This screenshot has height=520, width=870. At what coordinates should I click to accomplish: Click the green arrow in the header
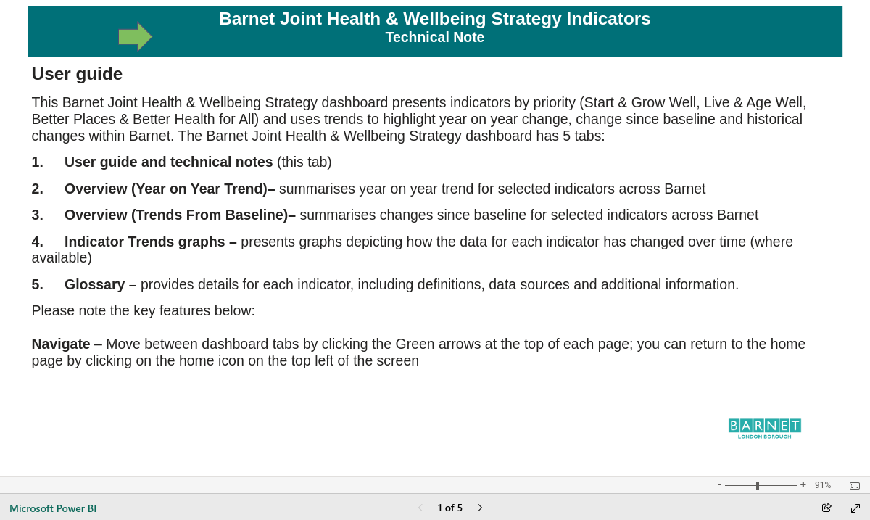point(135,37)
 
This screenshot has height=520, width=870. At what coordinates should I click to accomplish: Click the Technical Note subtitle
point(434,37)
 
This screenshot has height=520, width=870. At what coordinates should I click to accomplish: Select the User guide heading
point(77,74)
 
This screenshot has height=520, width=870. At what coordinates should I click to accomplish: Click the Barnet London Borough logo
point(764,429)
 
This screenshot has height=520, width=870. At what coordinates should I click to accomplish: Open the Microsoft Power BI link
point(53,508)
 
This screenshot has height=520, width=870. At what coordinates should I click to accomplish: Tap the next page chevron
point(480,508)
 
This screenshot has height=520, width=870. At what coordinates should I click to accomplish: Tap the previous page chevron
point(420,508)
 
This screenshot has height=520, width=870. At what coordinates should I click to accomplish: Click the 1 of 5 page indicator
point(449,508)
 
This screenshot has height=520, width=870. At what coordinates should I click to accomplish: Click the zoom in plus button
point(803,484)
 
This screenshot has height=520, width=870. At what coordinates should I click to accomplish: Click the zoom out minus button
point(720,484)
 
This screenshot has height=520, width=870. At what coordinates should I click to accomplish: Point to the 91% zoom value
point(823,485)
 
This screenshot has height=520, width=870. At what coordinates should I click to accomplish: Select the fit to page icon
point(855,485)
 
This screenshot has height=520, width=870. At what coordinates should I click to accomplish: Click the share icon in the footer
point(826,508)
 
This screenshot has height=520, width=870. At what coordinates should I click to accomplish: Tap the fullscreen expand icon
point(855,508)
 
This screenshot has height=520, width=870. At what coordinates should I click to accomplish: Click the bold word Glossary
point(95,284)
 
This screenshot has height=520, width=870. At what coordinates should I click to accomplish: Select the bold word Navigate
point(61,344)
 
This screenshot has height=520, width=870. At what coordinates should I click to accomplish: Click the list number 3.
point(37,215)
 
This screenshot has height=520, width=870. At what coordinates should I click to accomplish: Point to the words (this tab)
point(304,162)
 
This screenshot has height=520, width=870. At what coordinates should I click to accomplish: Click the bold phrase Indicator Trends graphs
point(145,242)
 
